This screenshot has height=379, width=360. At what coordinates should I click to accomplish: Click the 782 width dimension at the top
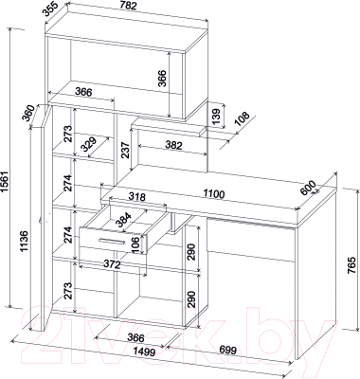[x=128, y=6]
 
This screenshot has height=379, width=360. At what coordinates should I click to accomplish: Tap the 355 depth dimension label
[x=51, y=9]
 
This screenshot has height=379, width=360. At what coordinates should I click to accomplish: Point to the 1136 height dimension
[x=25, y=242]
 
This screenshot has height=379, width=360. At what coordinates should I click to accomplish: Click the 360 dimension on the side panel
[x=28, y=112]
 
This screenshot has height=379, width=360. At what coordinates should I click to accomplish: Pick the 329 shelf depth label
[x=88, y=145]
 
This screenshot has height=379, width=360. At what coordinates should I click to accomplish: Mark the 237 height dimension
[x=125, y=151]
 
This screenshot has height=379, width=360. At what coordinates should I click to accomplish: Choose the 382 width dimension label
[x=173, y=145]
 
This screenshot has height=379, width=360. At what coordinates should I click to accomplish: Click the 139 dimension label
[x=216, y=117]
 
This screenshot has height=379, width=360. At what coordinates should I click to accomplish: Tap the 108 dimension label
[x=243, y=119]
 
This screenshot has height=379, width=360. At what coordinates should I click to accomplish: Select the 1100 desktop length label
[x=213, y=193]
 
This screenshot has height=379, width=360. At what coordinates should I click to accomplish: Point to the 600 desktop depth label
[x=309, y=188]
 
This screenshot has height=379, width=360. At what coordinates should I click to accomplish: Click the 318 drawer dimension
[x=137, y=197]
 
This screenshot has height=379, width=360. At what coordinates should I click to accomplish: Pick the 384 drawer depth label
[x=123, y=220]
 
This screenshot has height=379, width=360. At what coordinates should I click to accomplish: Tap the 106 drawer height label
[x=135, y=244]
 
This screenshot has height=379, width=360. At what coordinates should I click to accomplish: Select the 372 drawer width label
[x=112, y=264]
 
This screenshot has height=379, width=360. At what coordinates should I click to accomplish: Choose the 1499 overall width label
[x=144, y=352]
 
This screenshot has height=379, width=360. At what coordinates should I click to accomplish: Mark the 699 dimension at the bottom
[x=227, y=350]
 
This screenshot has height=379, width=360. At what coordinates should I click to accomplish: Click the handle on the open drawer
[x=111, y=241]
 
